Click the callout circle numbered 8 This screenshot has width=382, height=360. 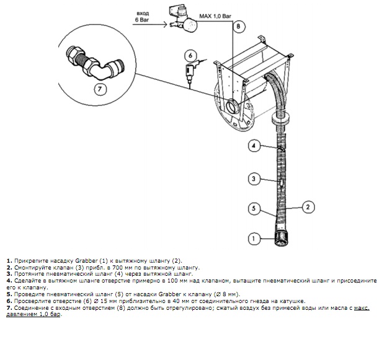pyautogui.click(x=238, y=26)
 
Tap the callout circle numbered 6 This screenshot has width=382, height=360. pyautogui.click(x=190, y=56)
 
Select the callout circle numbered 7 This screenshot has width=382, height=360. pyautogui.click(x=100, y=89)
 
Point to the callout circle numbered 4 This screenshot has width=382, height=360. pyautogui.click(x=254, y=146)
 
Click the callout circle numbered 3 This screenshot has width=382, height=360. pyautogui.click(x=254, y=179)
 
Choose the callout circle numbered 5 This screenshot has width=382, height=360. pyautogui.click(x=254, y=208)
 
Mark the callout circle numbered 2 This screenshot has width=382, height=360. pyautogui.click(x=308, y=207)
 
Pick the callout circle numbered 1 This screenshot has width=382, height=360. pyautogui.click(x=254, y=239)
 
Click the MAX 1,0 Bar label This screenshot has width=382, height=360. pyautogui.click(x=215, y=17)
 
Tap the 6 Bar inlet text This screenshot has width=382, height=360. pyautogui.click(x=142, y=20)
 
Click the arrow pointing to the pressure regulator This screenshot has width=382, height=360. pyautogui.click(x=149, y=24)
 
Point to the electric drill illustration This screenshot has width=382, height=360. pyautogui.click(x=191, y=71)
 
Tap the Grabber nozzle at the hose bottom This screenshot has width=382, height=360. pyautogui.click(x=282, y=238)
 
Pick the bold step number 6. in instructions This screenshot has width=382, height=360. pyautogui.click(x=9, y=301)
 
